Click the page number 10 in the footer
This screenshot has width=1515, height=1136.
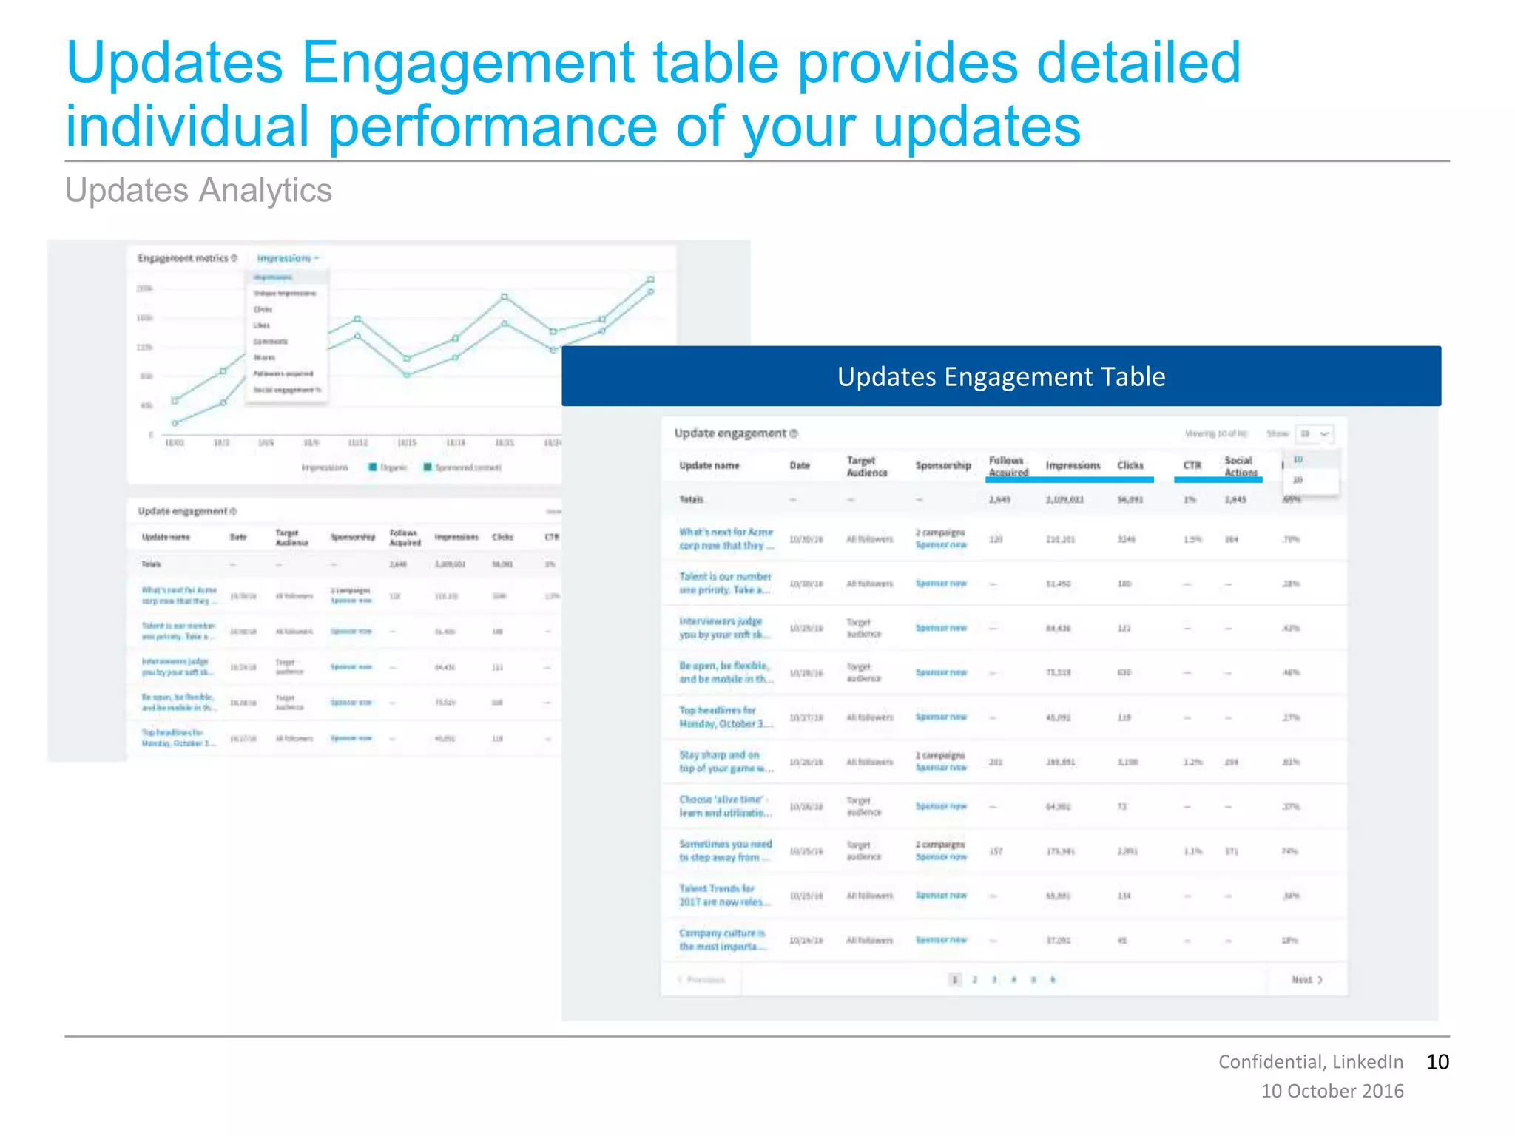point(1437,1062)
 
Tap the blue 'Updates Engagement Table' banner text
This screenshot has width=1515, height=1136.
point(1001,376)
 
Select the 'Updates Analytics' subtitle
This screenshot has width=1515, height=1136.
point(198,190)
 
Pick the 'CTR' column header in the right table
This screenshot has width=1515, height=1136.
point(1192,465)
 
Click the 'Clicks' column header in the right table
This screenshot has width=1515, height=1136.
point(1130,465)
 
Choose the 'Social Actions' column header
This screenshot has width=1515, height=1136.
point(1240,466)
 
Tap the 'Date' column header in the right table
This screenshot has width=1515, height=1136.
point(799,465)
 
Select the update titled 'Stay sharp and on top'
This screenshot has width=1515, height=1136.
point(725,762)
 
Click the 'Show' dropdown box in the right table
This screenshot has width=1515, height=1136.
point(1314,433)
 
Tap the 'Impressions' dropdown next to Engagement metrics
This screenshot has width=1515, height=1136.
point(287,258)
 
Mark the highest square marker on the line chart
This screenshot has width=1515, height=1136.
point(651,279)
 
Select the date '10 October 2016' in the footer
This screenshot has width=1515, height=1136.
point(1332,1091)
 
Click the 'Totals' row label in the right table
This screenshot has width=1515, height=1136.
point(691,500)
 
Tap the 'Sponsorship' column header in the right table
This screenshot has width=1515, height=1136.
point(942,465)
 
